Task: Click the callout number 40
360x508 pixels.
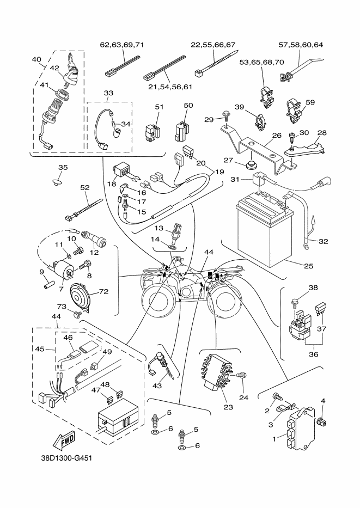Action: click(36, 59)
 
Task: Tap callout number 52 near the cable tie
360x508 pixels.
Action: click(84, 187)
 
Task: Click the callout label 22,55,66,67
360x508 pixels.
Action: click(213, 45)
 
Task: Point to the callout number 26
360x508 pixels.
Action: click(276, 136)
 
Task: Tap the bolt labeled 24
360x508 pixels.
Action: click(243, 375)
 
